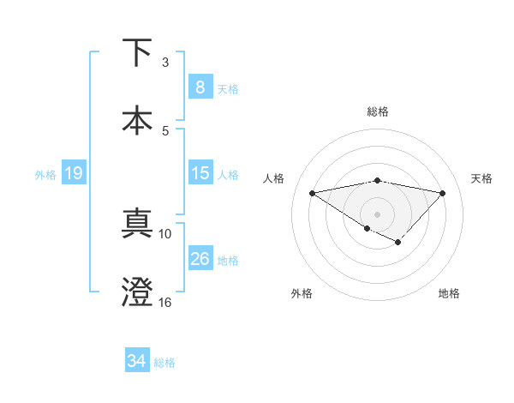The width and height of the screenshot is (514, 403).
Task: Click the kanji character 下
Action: (137, 53)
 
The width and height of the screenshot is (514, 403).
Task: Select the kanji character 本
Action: (137, 119)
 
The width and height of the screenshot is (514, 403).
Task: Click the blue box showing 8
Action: (200, 87)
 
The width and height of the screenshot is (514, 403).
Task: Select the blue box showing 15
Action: (200, 173)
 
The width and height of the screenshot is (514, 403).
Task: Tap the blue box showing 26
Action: (200, 259)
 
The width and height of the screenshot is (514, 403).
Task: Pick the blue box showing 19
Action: (73, 173)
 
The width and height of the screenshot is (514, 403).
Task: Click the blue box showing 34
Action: (136, 361)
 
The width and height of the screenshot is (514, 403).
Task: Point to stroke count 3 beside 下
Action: (165, 63)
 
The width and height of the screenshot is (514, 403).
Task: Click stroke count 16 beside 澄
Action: (164, 302)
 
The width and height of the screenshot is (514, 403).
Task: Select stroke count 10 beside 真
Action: (164, 233)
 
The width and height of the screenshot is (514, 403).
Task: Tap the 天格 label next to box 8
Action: (228, 88)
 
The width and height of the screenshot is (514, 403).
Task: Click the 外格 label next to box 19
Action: (45, 174)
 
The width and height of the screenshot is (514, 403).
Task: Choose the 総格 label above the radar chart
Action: (377, 111)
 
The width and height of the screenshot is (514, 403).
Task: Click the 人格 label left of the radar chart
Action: (274, 178)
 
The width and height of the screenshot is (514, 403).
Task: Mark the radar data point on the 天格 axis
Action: (442, 193)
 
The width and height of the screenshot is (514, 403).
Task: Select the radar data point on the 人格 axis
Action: (312, 192)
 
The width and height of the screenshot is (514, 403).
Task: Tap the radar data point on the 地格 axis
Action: (397, 243)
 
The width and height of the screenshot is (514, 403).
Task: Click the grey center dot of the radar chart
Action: (377, 214)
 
